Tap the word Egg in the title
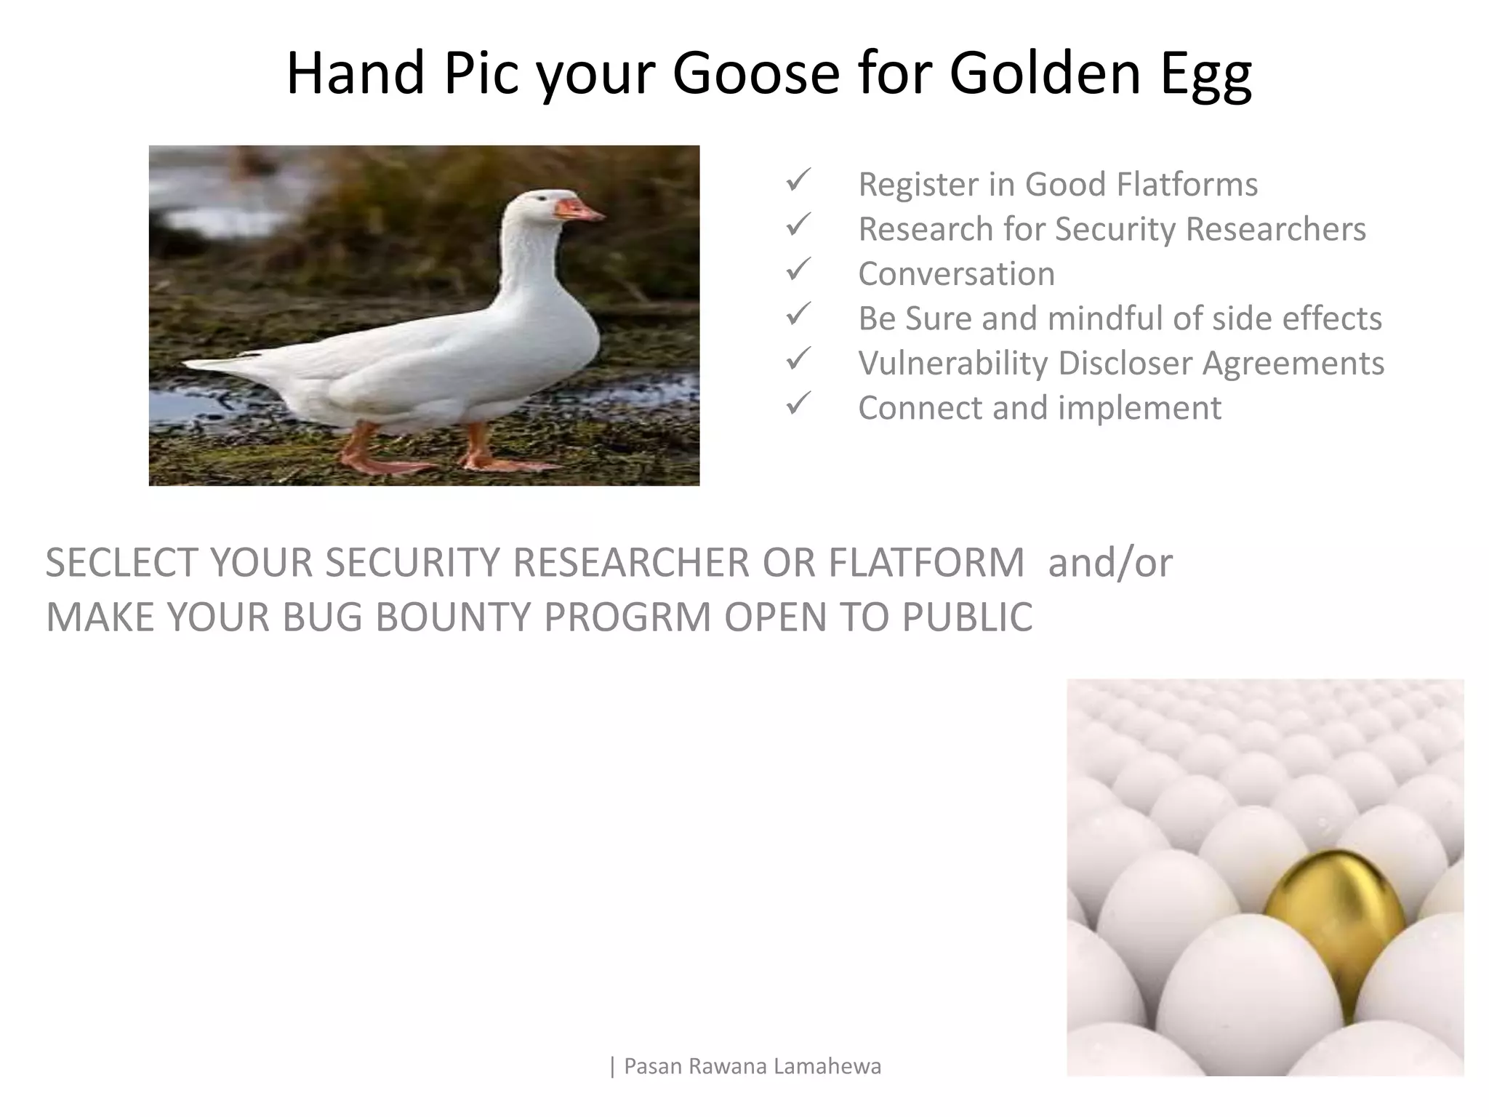(1205, 74)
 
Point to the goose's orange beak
(579, 210)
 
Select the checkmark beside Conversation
(798, 271)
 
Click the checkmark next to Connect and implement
(798, 404)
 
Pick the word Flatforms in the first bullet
(1187, 184)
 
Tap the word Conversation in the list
(956, 274)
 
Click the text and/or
(1109, 563)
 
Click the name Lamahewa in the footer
(827, 1066)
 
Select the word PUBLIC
(966, 617)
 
